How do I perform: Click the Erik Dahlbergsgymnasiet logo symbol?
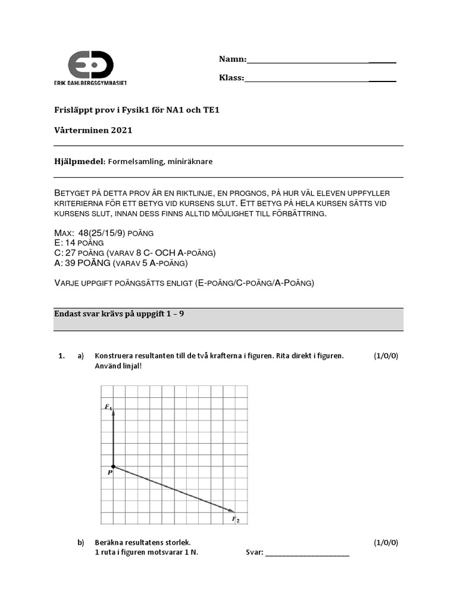click(x=90, y=64)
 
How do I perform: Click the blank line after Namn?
click(x=321, y=61)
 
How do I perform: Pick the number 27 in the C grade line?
click(x=71, y=253)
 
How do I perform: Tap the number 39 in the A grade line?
click(x=71, y=263)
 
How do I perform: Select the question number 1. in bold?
click(x=61, y=356)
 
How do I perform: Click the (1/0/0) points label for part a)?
click(x=386, y=356)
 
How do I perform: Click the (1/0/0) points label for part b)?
click(x=386, y=542)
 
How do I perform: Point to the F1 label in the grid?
click(x=108, y=407)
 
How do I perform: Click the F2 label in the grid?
click(x=236, y=520)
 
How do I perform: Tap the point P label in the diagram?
click(x=110, y=473)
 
